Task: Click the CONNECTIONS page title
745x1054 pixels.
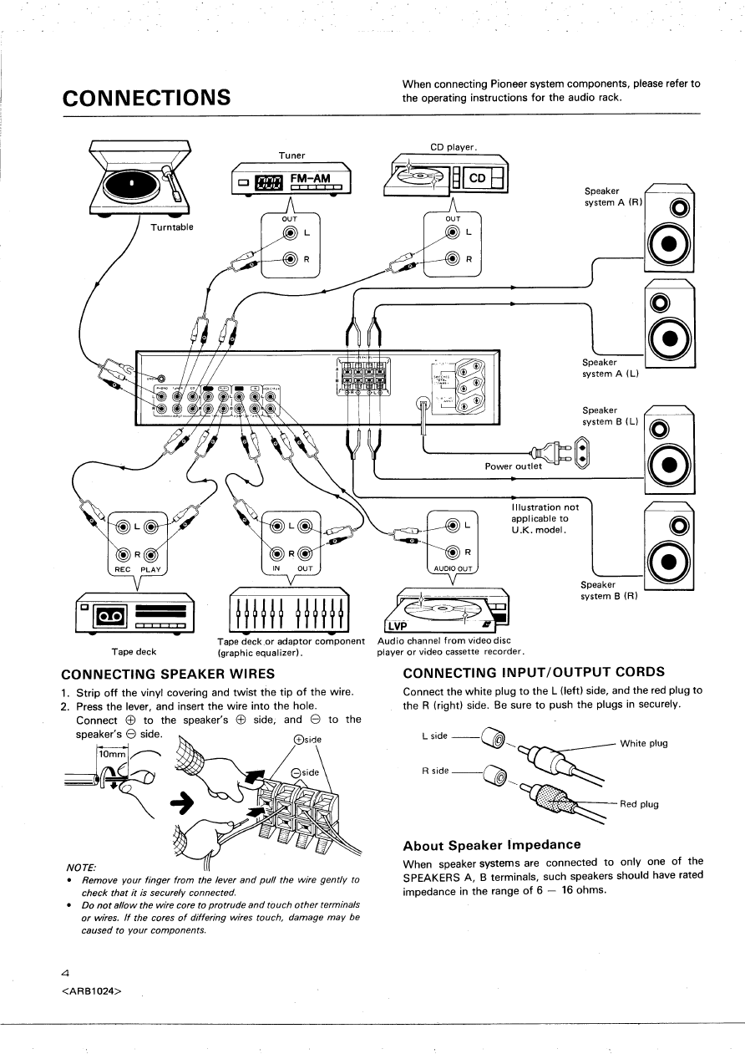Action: point(147,97)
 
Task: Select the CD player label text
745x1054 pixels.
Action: point(453,148)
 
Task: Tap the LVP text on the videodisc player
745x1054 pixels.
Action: point(398,626)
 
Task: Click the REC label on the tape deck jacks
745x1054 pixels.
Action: point(123,569)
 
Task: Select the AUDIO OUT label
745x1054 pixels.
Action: point(452,569)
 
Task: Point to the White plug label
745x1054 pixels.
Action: point(644,743)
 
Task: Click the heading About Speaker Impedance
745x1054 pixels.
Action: point(491,845)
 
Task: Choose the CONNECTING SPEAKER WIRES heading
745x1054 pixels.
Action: point(169,673)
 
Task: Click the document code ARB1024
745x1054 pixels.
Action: point(92,991)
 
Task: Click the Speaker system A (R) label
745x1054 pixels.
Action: point(613,196)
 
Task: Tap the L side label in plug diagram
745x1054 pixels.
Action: point(435,736)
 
